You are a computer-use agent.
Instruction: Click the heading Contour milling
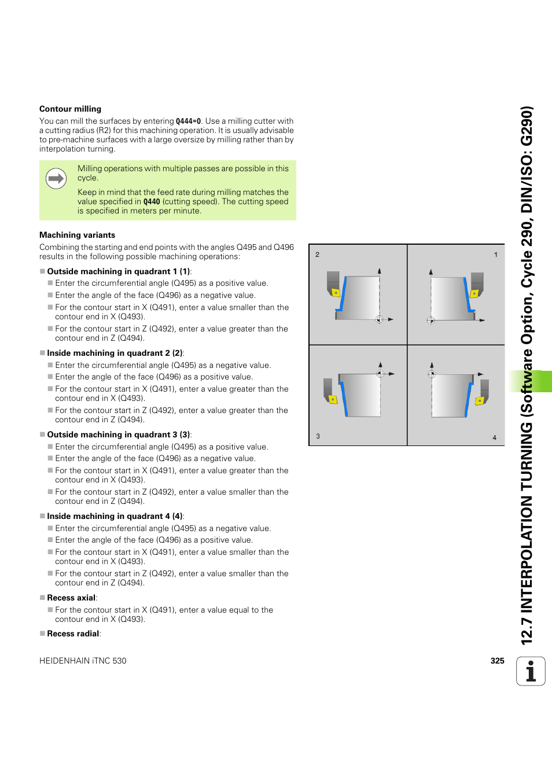[x=70, y=109]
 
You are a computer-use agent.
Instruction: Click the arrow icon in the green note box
[x=56, y=179]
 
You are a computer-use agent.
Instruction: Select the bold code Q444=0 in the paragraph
[x=188, y=121]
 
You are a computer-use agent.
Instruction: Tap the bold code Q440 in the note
[x=152, y=202]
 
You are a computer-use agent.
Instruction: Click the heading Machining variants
[x=77, y=235]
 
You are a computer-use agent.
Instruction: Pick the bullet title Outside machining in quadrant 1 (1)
[x=119, y=271]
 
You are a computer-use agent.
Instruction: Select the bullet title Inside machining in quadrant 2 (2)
[x=115, y=353]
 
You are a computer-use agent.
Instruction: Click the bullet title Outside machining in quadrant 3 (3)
[x=119, y=434]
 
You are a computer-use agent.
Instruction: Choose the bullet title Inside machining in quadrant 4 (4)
[x=115, y=516]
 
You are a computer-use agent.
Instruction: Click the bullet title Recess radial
[x=73, y=633]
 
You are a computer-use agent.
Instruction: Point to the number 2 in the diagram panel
[x=317, y=255]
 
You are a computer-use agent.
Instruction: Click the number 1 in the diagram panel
[x=495, y=255]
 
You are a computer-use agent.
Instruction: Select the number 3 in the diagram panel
[x=318, y=436]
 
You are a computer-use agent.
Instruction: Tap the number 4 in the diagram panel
[x=494, y=437]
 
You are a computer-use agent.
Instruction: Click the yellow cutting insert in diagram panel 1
[x=474, y=293]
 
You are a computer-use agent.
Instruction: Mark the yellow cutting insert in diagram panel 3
[x=332, y=399]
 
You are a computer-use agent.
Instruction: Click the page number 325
[x=497, y=661]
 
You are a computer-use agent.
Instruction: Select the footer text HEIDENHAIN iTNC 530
[x=83, y=661]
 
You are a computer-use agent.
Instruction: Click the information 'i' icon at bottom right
[x=531, y=672]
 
